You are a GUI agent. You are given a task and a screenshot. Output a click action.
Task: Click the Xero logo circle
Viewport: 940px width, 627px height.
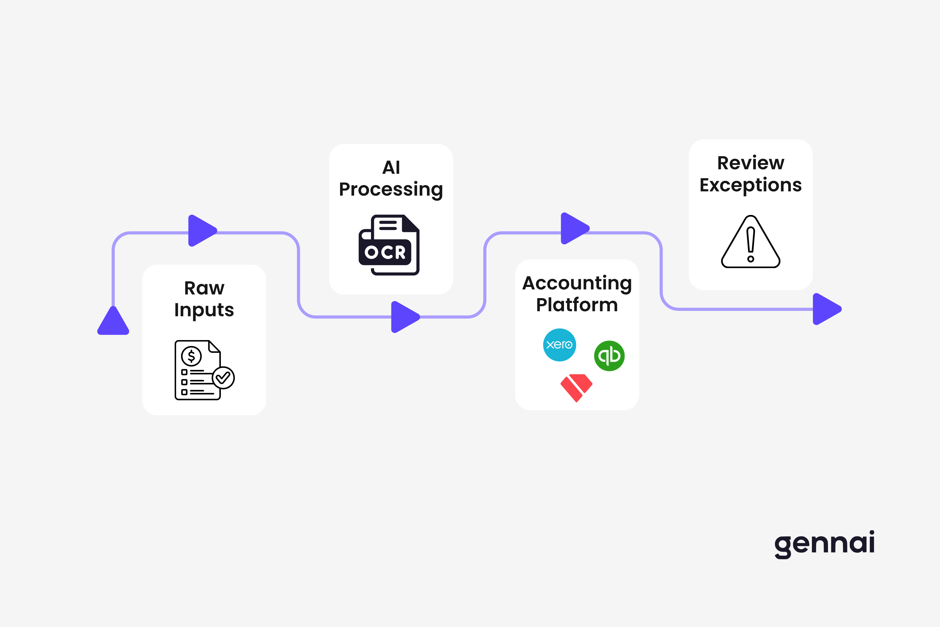(x=559, y=345)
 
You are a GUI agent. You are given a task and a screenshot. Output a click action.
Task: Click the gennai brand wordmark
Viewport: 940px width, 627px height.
(x=824, y=544)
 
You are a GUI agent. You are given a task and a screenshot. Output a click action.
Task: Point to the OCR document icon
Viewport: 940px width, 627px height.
(x=389, y=245)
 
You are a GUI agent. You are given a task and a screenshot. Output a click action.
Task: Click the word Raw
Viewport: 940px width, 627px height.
(x=204, y=288)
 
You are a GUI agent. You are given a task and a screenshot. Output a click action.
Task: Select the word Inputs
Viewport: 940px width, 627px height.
(x=204, y=310)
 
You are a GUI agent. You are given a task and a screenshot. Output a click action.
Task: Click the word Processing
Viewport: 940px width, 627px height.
(x=391, y=189)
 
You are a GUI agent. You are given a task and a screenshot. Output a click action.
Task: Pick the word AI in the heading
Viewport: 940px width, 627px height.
(x=391, y=167)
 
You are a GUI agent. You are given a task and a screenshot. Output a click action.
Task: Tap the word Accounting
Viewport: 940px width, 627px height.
(x=577, y=283)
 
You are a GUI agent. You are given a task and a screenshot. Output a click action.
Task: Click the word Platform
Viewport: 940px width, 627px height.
(x=577, y=305)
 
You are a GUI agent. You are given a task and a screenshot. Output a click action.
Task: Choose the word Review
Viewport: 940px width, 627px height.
(x=750, y=163)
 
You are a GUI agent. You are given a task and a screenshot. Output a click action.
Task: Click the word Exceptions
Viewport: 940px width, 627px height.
(x=750, y=185)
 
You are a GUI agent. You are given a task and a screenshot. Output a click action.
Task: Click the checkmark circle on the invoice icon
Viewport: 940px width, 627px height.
(x=223, y=377)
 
